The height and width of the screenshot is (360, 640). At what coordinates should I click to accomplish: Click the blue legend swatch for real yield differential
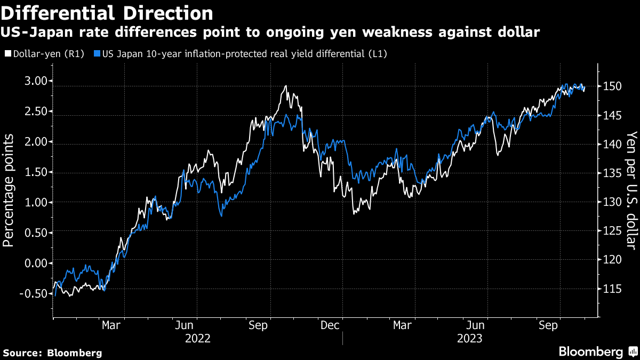[x=97, y=54]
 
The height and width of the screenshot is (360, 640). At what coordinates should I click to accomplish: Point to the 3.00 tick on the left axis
[x=39, y=81]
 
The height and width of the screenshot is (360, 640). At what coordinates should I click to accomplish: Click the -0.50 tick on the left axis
[x=37, y=293]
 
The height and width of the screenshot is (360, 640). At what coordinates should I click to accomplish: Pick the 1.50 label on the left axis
[x=39, y=172]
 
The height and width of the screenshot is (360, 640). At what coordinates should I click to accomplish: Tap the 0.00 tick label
[x=39, y=263]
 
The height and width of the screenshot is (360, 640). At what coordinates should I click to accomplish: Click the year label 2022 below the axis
[x=197, y=338]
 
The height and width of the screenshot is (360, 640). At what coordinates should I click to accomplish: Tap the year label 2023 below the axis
[x=469, y=338]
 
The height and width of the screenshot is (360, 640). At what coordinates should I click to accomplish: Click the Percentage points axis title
[x=9, y=189]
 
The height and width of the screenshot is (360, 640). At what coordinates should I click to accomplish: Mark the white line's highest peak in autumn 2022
[x=286, y=86]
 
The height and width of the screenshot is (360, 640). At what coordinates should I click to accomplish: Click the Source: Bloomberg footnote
[x=52, y=353]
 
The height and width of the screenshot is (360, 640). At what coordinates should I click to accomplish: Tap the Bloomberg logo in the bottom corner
[x=597, y=352]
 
